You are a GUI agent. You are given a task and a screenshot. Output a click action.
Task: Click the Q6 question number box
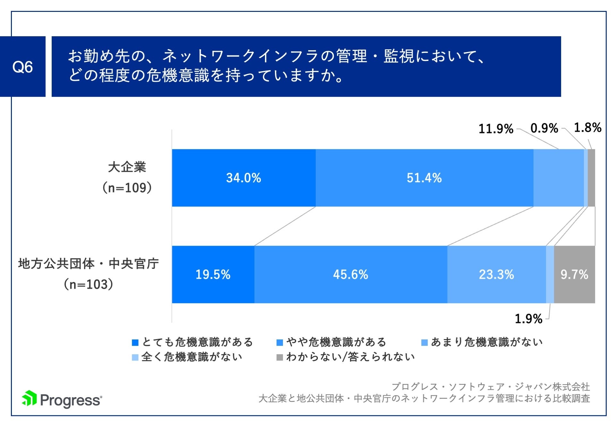(22, 67)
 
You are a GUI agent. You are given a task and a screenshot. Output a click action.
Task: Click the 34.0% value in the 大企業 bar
(244, 178)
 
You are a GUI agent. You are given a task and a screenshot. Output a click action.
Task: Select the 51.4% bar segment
(424, 178)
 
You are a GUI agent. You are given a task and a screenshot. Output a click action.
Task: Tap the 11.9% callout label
(496, 129)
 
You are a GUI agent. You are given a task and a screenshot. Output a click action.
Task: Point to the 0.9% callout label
(544, 128)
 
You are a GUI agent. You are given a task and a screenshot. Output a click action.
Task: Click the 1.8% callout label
(587, 128)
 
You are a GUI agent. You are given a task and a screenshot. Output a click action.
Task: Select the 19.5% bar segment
(213, 275)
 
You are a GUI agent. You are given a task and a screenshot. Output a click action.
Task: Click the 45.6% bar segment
(350, 275)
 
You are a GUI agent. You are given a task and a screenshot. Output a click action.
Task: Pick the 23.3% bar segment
(496, 275)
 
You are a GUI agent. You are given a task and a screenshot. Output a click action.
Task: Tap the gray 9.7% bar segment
(574, 275)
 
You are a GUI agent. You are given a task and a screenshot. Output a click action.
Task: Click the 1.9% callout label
(528, 319)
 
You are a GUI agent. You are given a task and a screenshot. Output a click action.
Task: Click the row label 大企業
(127, 167)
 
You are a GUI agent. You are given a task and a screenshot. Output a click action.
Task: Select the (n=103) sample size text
(89, 284)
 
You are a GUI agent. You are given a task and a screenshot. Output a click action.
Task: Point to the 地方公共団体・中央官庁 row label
(89, 264)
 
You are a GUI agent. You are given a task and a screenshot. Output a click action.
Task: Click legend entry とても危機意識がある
(193, 342)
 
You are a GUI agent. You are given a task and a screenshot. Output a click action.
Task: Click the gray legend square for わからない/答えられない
(279, 357)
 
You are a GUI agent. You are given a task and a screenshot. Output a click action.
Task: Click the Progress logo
(62, 399)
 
